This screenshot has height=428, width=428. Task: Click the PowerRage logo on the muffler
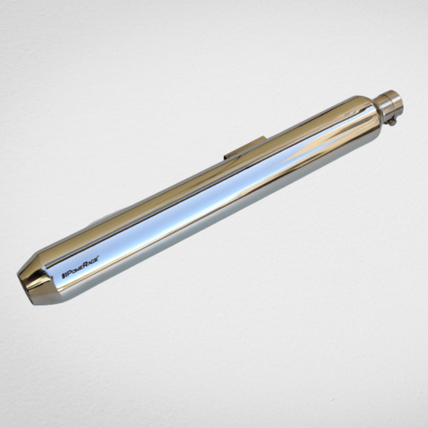pyautogui.click(x=80, y=267)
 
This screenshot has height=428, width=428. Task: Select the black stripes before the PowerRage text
pyautogui.click(x=63, y=275)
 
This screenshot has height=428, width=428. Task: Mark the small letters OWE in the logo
pyautogui.click(x=77, y=270)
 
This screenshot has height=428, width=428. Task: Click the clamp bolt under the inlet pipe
pyautogui.click(x=393, y=123)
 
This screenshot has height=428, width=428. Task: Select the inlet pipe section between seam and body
pyautogui.click(x=385, y=108)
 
